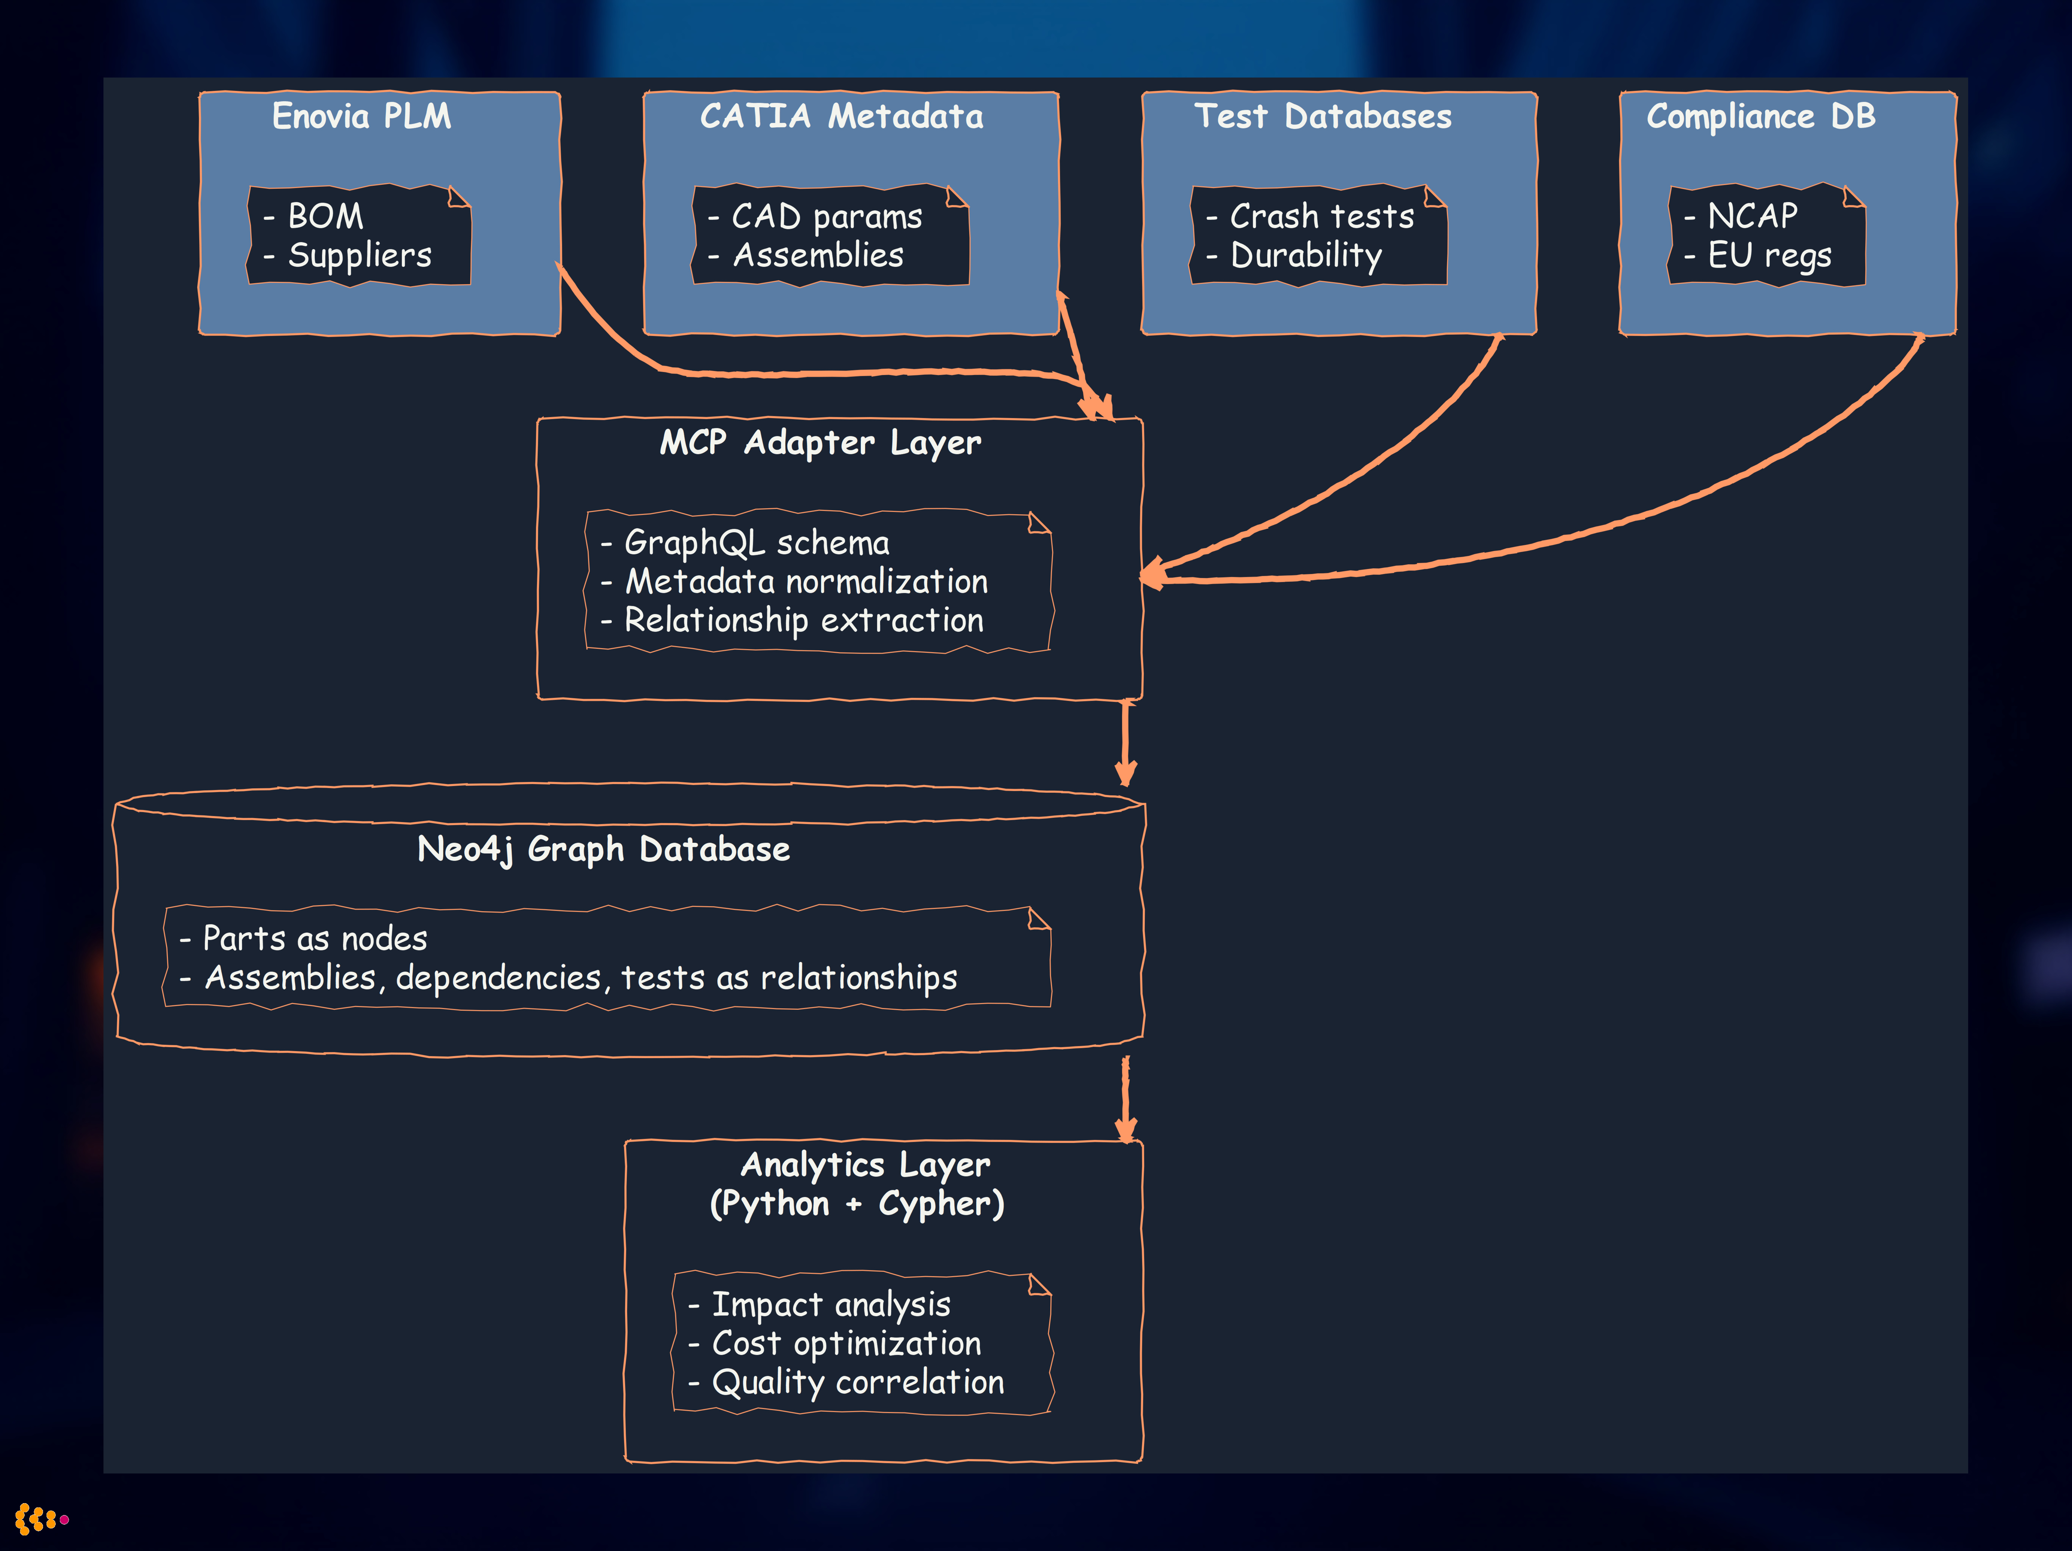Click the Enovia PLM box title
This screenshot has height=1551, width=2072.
pos(362,116)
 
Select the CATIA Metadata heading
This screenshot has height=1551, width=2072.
pos(841,116)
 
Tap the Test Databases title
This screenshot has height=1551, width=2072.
pos(1322,116)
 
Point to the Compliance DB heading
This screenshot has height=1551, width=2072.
pos(1761,116)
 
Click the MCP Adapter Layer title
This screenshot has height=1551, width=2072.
pos(821,442)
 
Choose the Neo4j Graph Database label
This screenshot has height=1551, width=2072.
pos(603,849)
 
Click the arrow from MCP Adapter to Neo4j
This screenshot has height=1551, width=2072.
pos(1126,742)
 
